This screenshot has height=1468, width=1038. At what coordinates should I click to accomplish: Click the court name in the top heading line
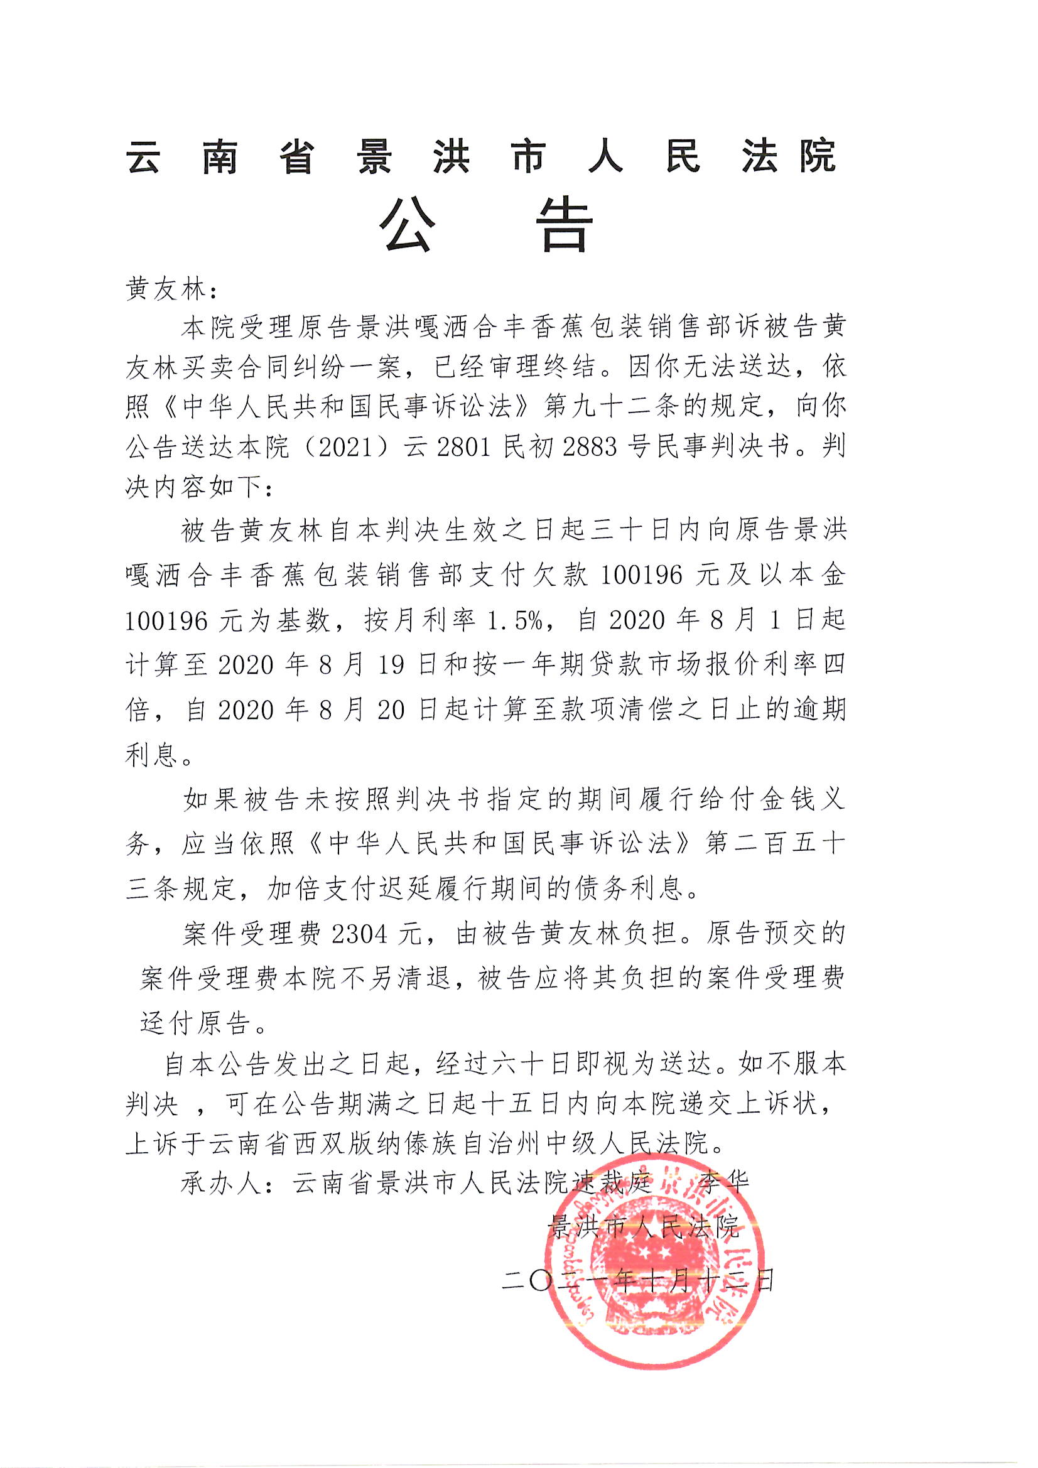pyautogui.click(x=481, y=156)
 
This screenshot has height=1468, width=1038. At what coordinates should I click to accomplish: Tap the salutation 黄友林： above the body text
pyautogui.click(x=171, y=289)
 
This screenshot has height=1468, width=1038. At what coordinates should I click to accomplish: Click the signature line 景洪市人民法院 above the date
pyautogui.click(x=644, y=1226)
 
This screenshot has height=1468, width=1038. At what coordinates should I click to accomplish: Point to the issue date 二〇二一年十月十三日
pyautogui.click(x=638, y=1281)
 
